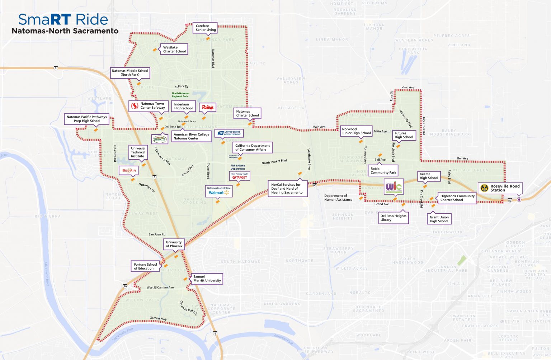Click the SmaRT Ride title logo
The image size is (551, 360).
point(63,19)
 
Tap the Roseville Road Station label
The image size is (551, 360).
point(500,188)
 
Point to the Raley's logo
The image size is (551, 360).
point(208,107)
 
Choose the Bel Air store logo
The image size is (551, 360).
point(129,170)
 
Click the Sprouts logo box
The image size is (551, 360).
point(160,139)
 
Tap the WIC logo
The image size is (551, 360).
point(394,187)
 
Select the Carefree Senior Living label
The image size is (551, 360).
point(206,28)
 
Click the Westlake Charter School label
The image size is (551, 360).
point(174,49)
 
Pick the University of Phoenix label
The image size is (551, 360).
point(174,244)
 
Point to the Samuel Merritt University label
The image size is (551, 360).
point(207,279)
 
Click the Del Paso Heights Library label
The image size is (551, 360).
point(393,218)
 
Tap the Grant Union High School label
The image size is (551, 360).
point(439,219)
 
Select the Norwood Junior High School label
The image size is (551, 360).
point(356,131)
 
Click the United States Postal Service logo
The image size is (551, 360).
point(229,133)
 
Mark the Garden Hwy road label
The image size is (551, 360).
point(158,318)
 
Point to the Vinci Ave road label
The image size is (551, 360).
point(408,87)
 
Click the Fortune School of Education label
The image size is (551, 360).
point(145,266)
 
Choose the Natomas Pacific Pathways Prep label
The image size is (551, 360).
point(86,119)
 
